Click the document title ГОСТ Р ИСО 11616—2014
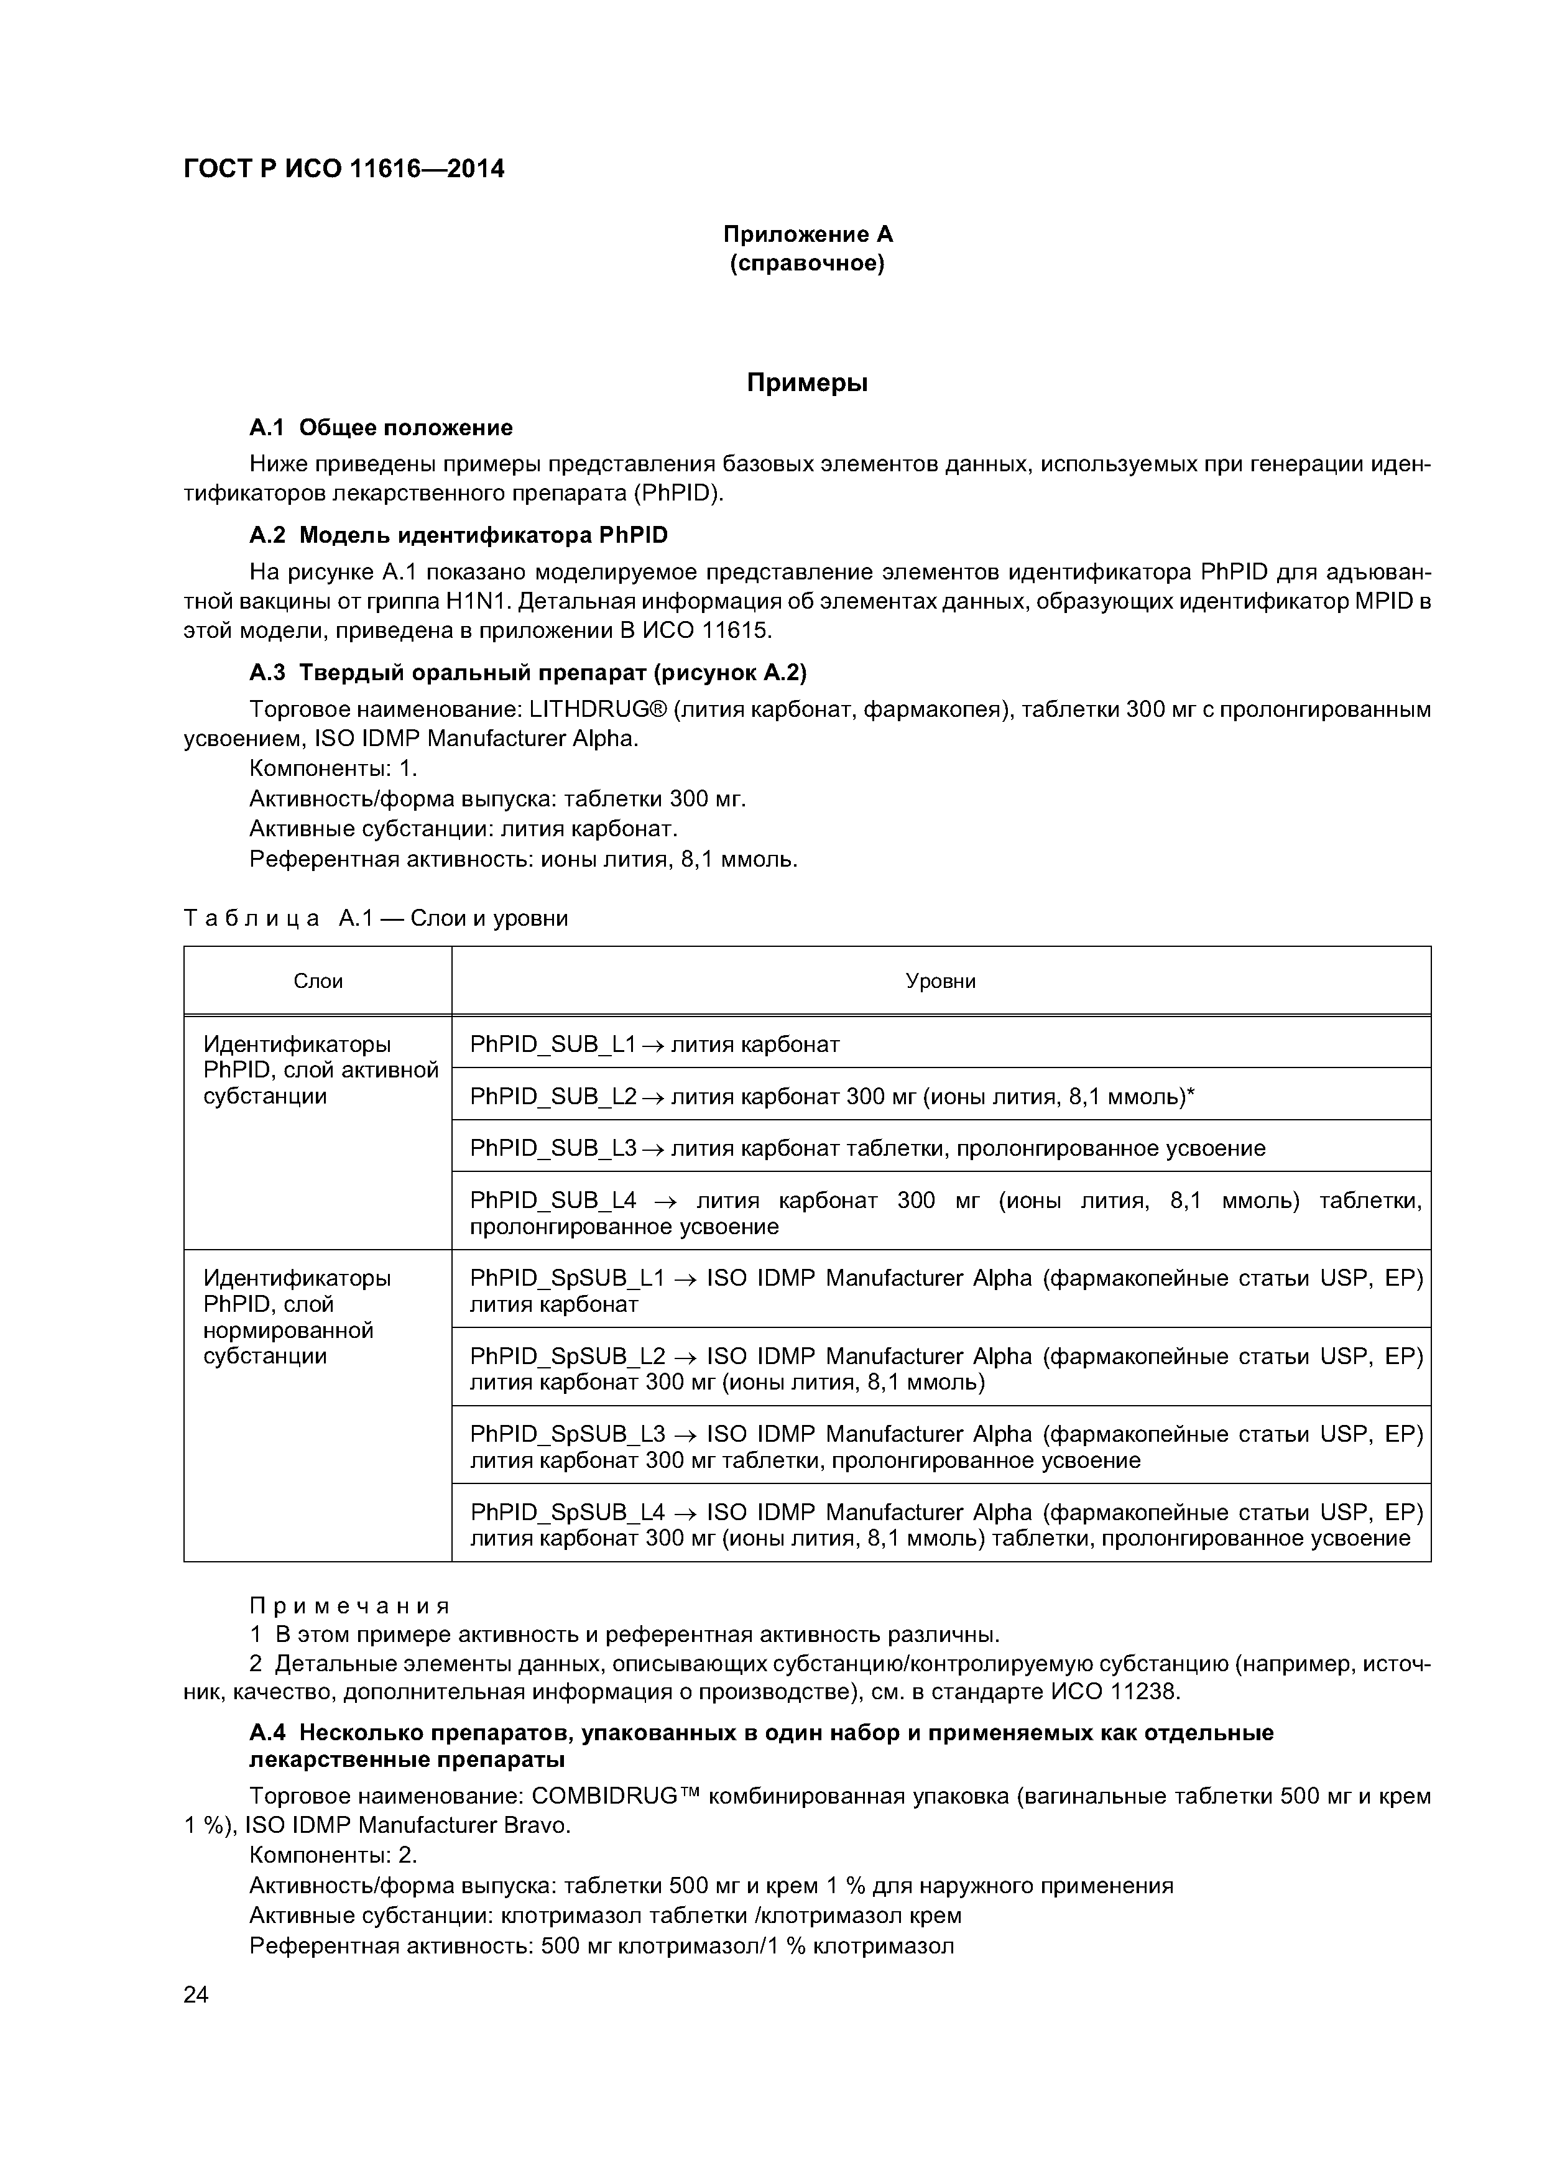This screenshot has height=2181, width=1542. (343, 169)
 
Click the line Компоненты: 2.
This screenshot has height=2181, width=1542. (333, 1854)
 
